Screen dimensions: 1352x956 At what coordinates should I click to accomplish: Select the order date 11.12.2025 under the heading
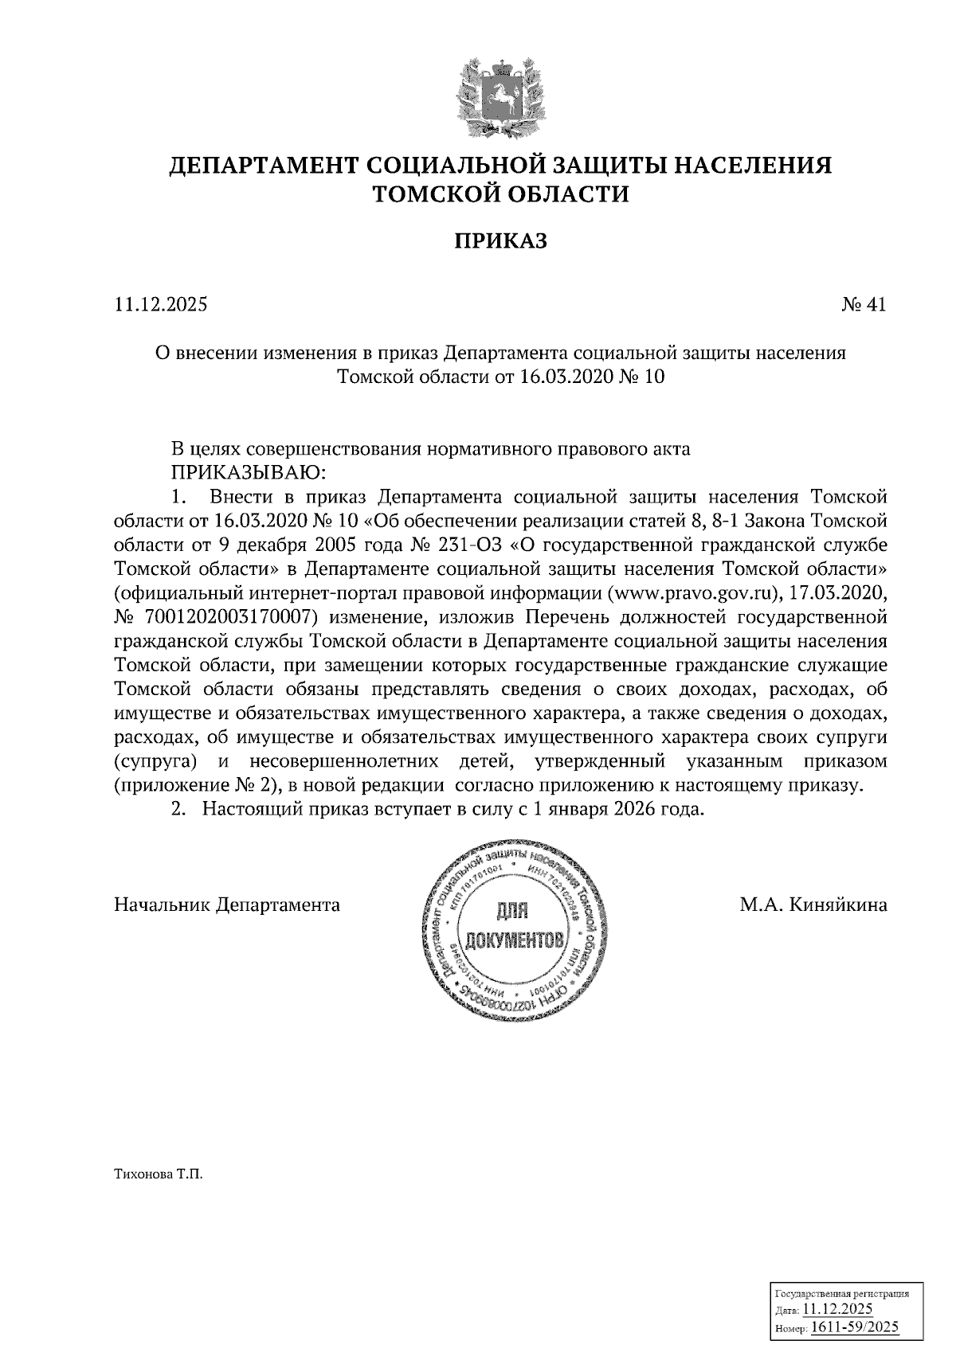click(161, 304)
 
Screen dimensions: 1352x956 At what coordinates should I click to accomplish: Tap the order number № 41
click(864, 304)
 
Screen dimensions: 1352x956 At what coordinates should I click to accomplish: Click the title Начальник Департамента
click(227, 905)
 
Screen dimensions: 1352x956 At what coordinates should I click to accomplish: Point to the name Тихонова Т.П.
click(159, 1174)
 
